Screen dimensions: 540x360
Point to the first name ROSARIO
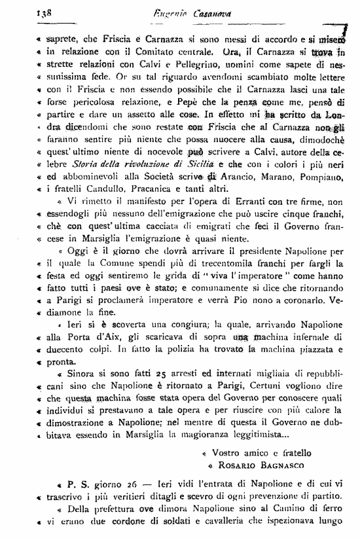(234, 467)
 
